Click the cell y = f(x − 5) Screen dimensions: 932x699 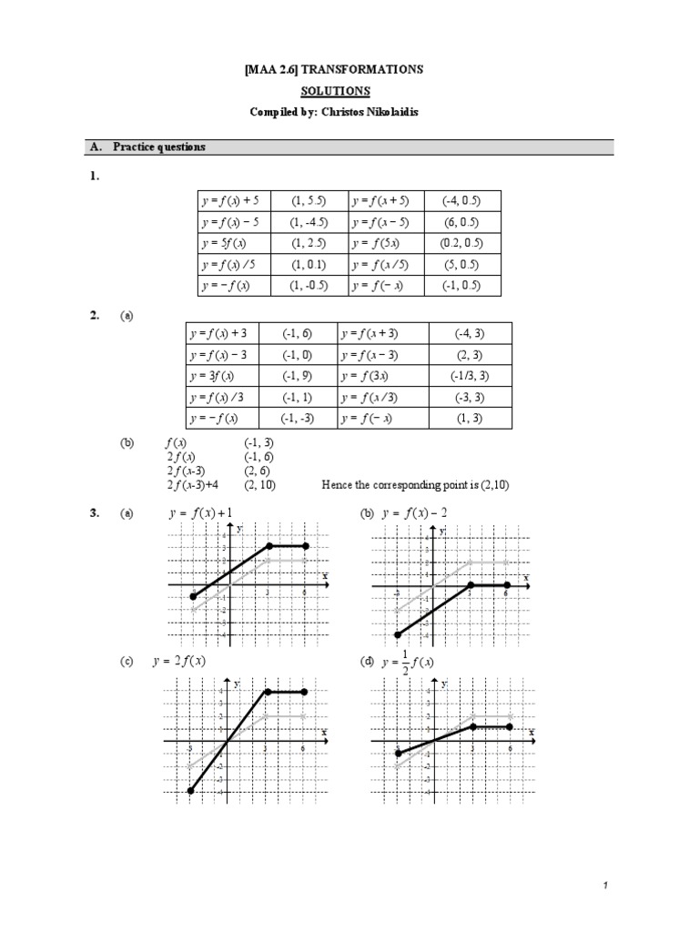pos(383,222)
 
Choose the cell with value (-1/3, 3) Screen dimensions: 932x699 pos(470,376)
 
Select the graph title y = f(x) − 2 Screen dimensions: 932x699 pos(414,513)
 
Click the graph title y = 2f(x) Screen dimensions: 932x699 pos(187,662)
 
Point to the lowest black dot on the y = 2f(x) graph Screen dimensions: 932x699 pos(190,791)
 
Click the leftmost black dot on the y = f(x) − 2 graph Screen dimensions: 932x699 pos(398,634)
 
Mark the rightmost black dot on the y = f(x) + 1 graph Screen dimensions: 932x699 pos(305,546)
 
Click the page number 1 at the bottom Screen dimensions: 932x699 pos(681,886)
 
